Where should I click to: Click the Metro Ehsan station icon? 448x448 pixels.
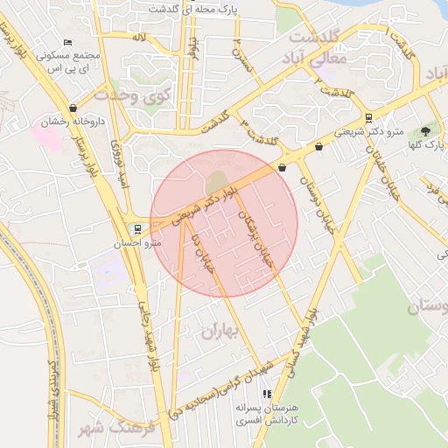(134, 229)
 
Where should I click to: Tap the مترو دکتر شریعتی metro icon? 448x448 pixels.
(369, 118)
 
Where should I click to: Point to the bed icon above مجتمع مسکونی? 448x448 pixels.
(68, 42)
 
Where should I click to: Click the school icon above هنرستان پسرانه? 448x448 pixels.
(267, 395)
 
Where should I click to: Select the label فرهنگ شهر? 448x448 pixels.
(115, 429)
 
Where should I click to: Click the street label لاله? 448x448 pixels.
(138, 38)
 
